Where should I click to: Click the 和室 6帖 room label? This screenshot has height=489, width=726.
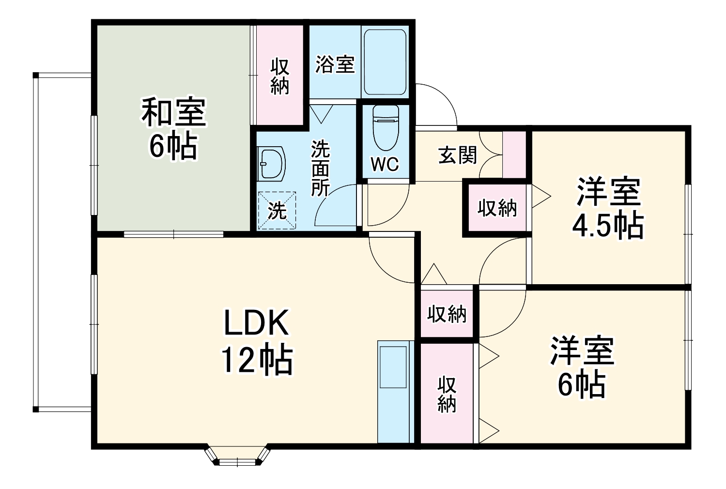pyautogui.click(x=173, y=128)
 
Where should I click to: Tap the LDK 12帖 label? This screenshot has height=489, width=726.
pyautogui.click(x=256, y=341)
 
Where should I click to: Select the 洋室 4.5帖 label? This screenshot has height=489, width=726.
pyautogui.click(x=608, y=208)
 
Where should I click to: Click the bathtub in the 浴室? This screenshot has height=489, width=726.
pyautogui.click(x=385, y=61)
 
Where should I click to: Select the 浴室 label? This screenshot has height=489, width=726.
pyautogui.click(x=335, y=64)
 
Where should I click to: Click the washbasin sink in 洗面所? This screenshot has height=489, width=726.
pyautogui.click(x=271, y=164)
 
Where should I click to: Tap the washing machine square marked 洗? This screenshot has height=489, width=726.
pyautogui.click(x=277, y=210)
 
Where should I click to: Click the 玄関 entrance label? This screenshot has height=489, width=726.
pyautogui.click(x=458, y=155)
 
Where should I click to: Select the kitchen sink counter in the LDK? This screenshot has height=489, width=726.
pyautogui.click(x=393, y=391)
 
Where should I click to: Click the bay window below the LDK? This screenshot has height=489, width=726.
pyautogui.click(x=237, y=455)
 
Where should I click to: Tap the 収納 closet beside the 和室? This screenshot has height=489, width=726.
pyautogui.click(x=279, y=75)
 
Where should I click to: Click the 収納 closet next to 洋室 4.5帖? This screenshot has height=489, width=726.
pyautogui.click(x=497, y=208)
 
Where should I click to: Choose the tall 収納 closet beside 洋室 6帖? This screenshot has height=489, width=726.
pyautogui.click(x=447, y=393)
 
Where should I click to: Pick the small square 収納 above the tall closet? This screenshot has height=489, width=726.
pyautogui.click(x=447, y=314)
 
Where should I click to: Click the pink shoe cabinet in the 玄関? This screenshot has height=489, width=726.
pyautogui.click(x=514, y=154)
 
